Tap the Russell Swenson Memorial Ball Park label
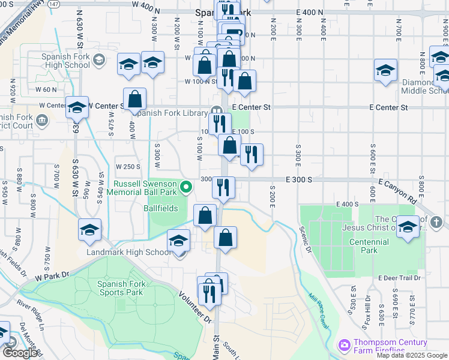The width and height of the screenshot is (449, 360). [144, 188]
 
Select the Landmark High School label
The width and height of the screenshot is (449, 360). [128, 253]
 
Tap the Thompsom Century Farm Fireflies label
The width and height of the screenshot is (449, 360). [390, 346]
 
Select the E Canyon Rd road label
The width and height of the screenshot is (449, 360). [397, 189]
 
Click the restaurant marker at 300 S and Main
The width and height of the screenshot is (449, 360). [223, 187]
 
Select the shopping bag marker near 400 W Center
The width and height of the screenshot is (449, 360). [134, 98]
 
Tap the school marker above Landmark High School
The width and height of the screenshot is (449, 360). [178, 240]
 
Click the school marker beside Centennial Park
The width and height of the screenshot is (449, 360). [408, 226]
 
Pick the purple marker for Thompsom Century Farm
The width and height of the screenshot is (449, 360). [344, 346]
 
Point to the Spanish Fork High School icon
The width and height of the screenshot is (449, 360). [99, 60]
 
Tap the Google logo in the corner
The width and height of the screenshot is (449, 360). [21, 353]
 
